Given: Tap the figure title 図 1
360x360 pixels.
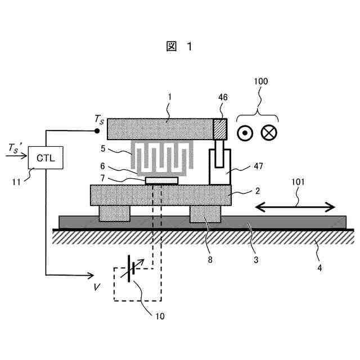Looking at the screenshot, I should pos(179,47).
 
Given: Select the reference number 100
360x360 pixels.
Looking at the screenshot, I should pos(260,82).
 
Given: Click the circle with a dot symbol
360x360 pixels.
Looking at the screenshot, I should pos(245,133).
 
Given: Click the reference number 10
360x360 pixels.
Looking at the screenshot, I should pos(159,316).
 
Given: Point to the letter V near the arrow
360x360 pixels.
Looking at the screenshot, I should pos(97,287).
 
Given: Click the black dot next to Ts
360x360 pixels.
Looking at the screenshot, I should pos(98,131).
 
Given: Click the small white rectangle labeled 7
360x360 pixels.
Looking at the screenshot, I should pos(162,181).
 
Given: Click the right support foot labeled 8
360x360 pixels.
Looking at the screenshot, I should pos(205,214).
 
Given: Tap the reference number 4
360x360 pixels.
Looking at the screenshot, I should pos(319,268).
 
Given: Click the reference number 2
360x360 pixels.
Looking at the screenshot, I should pos(256,191).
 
